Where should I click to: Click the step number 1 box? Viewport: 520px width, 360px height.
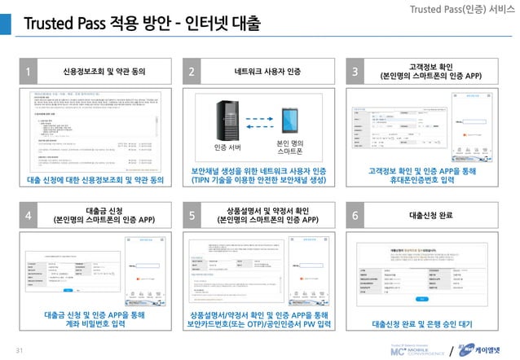pos(29,72)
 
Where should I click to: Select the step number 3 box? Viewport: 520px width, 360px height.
pos(355,72)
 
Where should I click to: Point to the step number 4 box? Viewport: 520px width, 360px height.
pos(29,216)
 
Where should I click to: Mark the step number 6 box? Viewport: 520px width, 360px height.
pos(355,216)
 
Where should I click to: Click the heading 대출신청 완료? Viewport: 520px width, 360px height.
pos(430,216)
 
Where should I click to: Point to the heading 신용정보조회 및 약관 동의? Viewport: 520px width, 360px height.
pos(104,72)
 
